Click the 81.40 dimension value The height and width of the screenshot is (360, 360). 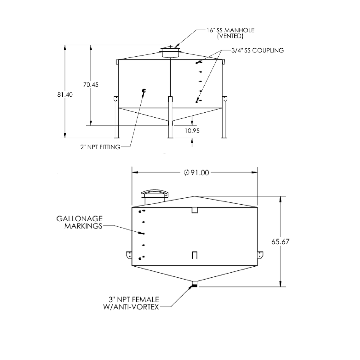coord(65,94)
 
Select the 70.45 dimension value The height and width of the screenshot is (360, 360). coord(91,85)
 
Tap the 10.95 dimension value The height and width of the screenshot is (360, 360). coord(192,131)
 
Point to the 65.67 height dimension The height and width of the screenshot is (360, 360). coord(280,242)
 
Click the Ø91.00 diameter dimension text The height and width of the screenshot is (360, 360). coord(197,173)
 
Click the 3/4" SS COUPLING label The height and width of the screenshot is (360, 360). coord(258,50)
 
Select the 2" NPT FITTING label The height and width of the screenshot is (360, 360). coord(100,147)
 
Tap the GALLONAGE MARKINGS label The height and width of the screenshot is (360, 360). coord(79,222)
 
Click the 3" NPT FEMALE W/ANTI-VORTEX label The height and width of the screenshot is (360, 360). coord(131,303)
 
